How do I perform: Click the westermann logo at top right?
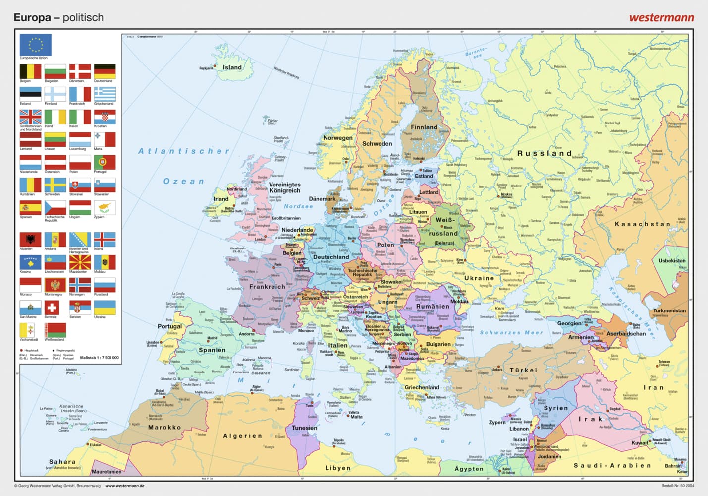(x=661, y=18)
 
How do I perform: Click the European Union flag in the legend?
(x=35, y=45)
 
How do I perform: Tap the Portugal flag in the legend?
(x=105, y=162)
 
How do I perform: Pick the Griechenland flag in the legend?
(x=105, y=94)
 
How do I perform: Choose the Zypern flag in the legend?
(x=105, y=207)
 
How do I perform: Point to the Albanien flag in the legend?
(x=30, y=240)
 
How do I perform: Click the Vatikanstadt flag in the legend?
(x=27, y=330)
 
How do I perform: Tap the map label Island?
(x=232, y=67)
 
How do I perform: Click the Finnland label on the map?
(x=424, y=127)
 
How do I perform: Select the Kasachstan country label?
(x=642, y=224)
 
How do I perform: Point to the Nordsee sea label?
(x=298, y=206)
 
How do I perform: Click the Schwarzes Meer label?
(x=511, y=332)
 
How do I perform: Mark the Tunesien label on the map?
(x=304, y=428)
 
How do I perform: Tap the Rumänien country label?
(x=433, y=307)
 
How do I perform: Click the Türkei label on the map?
(x=523, y=370)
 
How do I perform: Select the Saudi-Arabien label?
(x=612, y=465)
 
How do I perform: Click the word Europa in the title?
(x=32, y=18)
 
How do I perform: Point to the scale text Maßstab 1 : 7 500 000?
(x=99, y=357)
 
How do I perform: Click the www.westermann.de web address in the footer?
(x=124, y=486)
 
